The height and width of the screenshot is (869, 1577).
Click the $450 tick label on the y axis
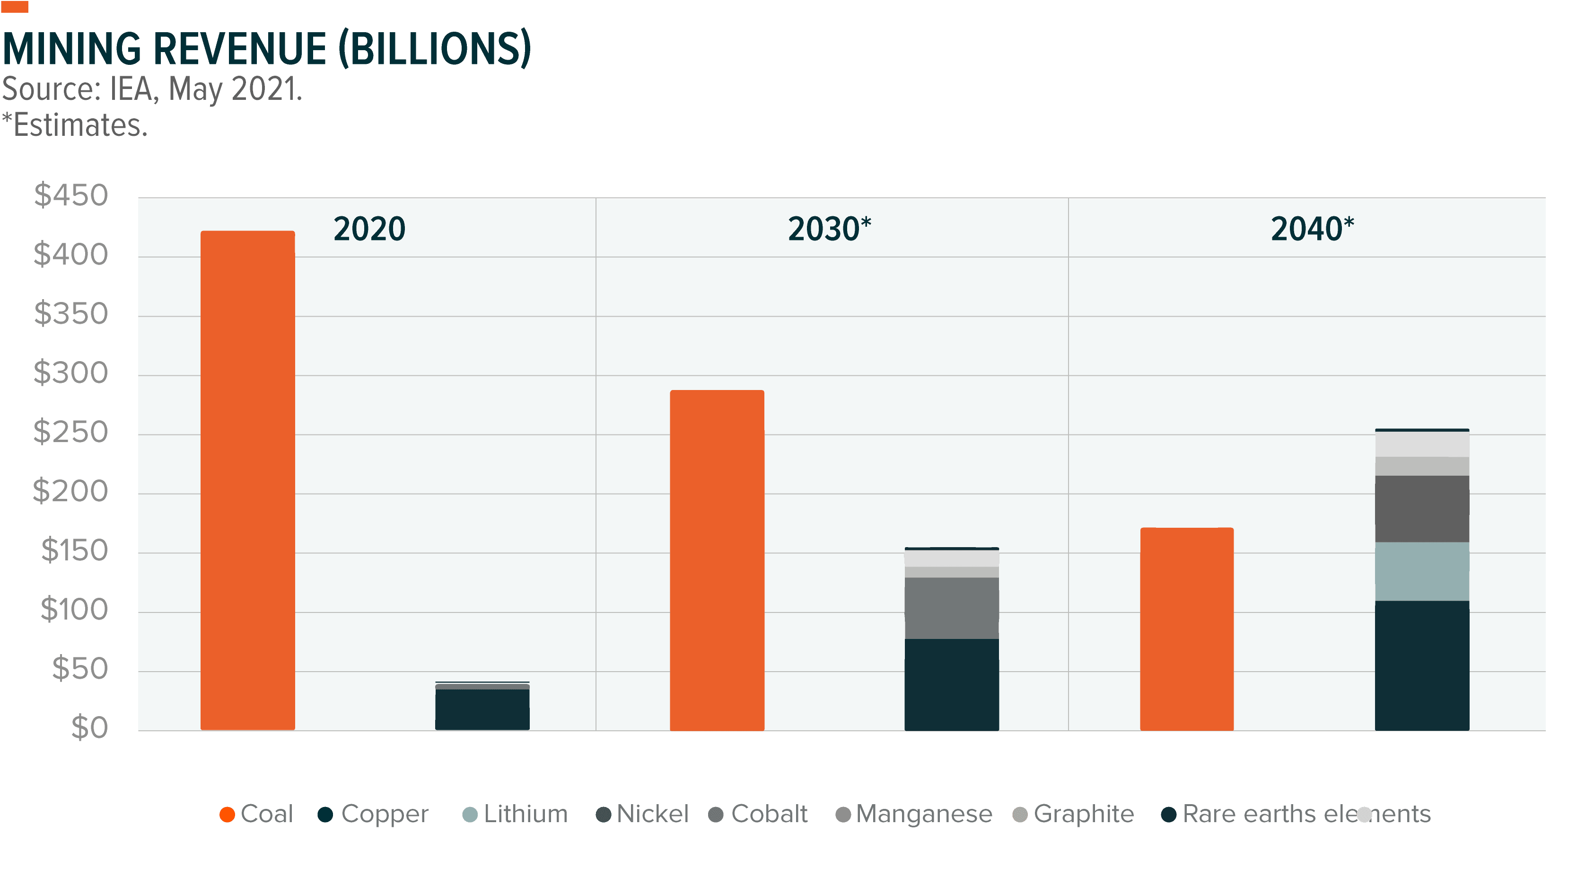click(x=71, y=195)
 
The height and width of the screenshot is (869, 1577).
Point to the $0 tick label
click(x=89, y=727)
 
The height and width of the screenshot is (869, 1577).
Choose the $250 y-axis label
click(x=70, y=432)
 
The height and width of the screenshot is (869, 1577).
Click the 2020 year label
click(x=369, y=229)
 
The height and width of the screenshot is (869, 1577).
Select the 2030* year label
click(x=829, y=229)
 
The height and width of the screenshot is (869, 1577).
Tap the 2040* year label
click(x=1312, y=229)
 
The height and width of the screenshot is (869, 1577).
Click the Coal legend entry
click(x=257, y=814)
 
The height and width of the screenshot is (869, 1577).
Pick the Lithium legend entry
click(x=516, y=814)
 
